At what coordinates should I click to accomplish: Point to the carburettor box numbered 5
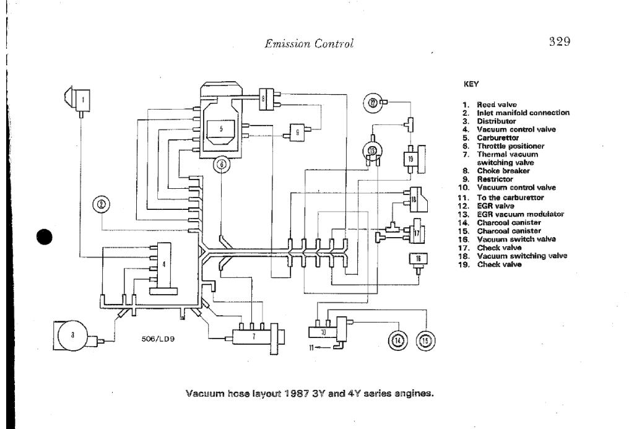[221, 129]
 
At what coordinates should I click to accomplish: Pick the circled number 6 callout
[221, 165]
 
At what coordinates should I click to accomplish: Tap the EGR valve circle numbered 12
[373, 102]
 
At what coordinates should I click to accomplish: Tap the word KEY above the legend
[471, 82]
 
